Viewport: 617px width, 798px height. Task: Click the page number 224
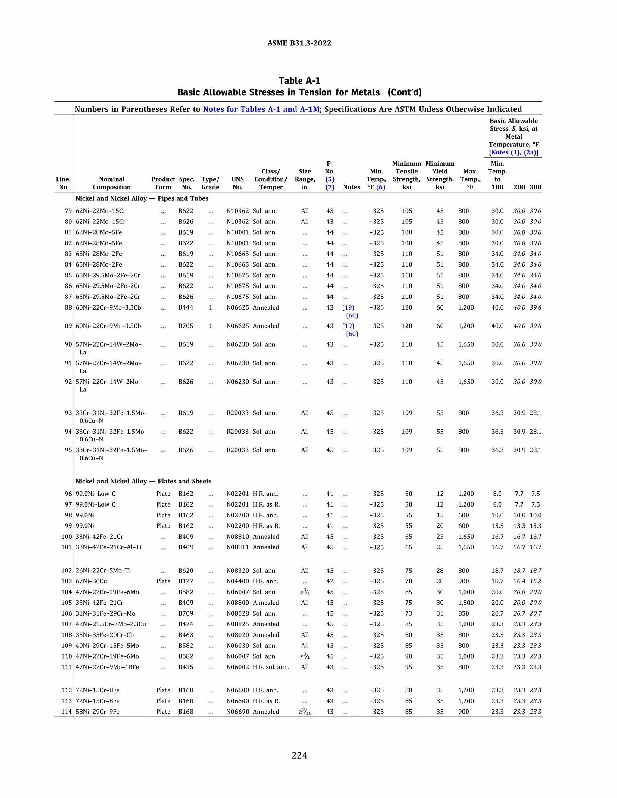click(x=299, y=755)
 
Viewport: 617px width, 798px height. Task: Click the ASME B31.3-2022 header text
click(x=299, y=43)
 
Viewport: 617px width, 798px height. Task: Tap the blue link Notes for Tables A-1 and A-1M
click(x=261, y=109)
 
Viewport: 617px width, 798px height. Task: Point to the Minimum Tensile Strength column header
click(x=406, y=175)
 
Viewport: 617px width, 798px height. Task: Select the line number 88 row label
click(x=68, y=308)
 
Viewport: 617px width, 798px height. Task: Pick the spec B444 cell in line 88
click(x=186, y=308)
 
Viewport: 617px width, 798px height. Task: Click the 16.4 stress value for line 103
click(x=519, y=581)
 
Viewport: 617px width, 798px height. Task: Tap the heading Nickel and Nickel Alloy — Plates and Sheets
click(x=143, y=481)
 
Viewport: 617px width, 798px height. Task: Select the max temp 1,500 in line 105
click(x=466, y=603)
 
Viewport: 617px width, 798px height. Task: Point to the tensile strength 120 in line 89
click(x=406, y=326)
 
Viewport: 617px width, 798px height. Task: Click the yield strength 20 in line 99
click(x=440, y=526)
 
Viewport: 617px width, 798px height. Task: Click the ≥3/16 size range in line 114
click(x=305, y=712)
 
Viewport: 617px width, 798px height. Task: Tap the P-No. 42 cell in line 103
click(x=330, y=581)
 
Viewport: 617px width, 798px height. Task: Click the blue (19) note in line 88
click(x=348, y=308)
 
